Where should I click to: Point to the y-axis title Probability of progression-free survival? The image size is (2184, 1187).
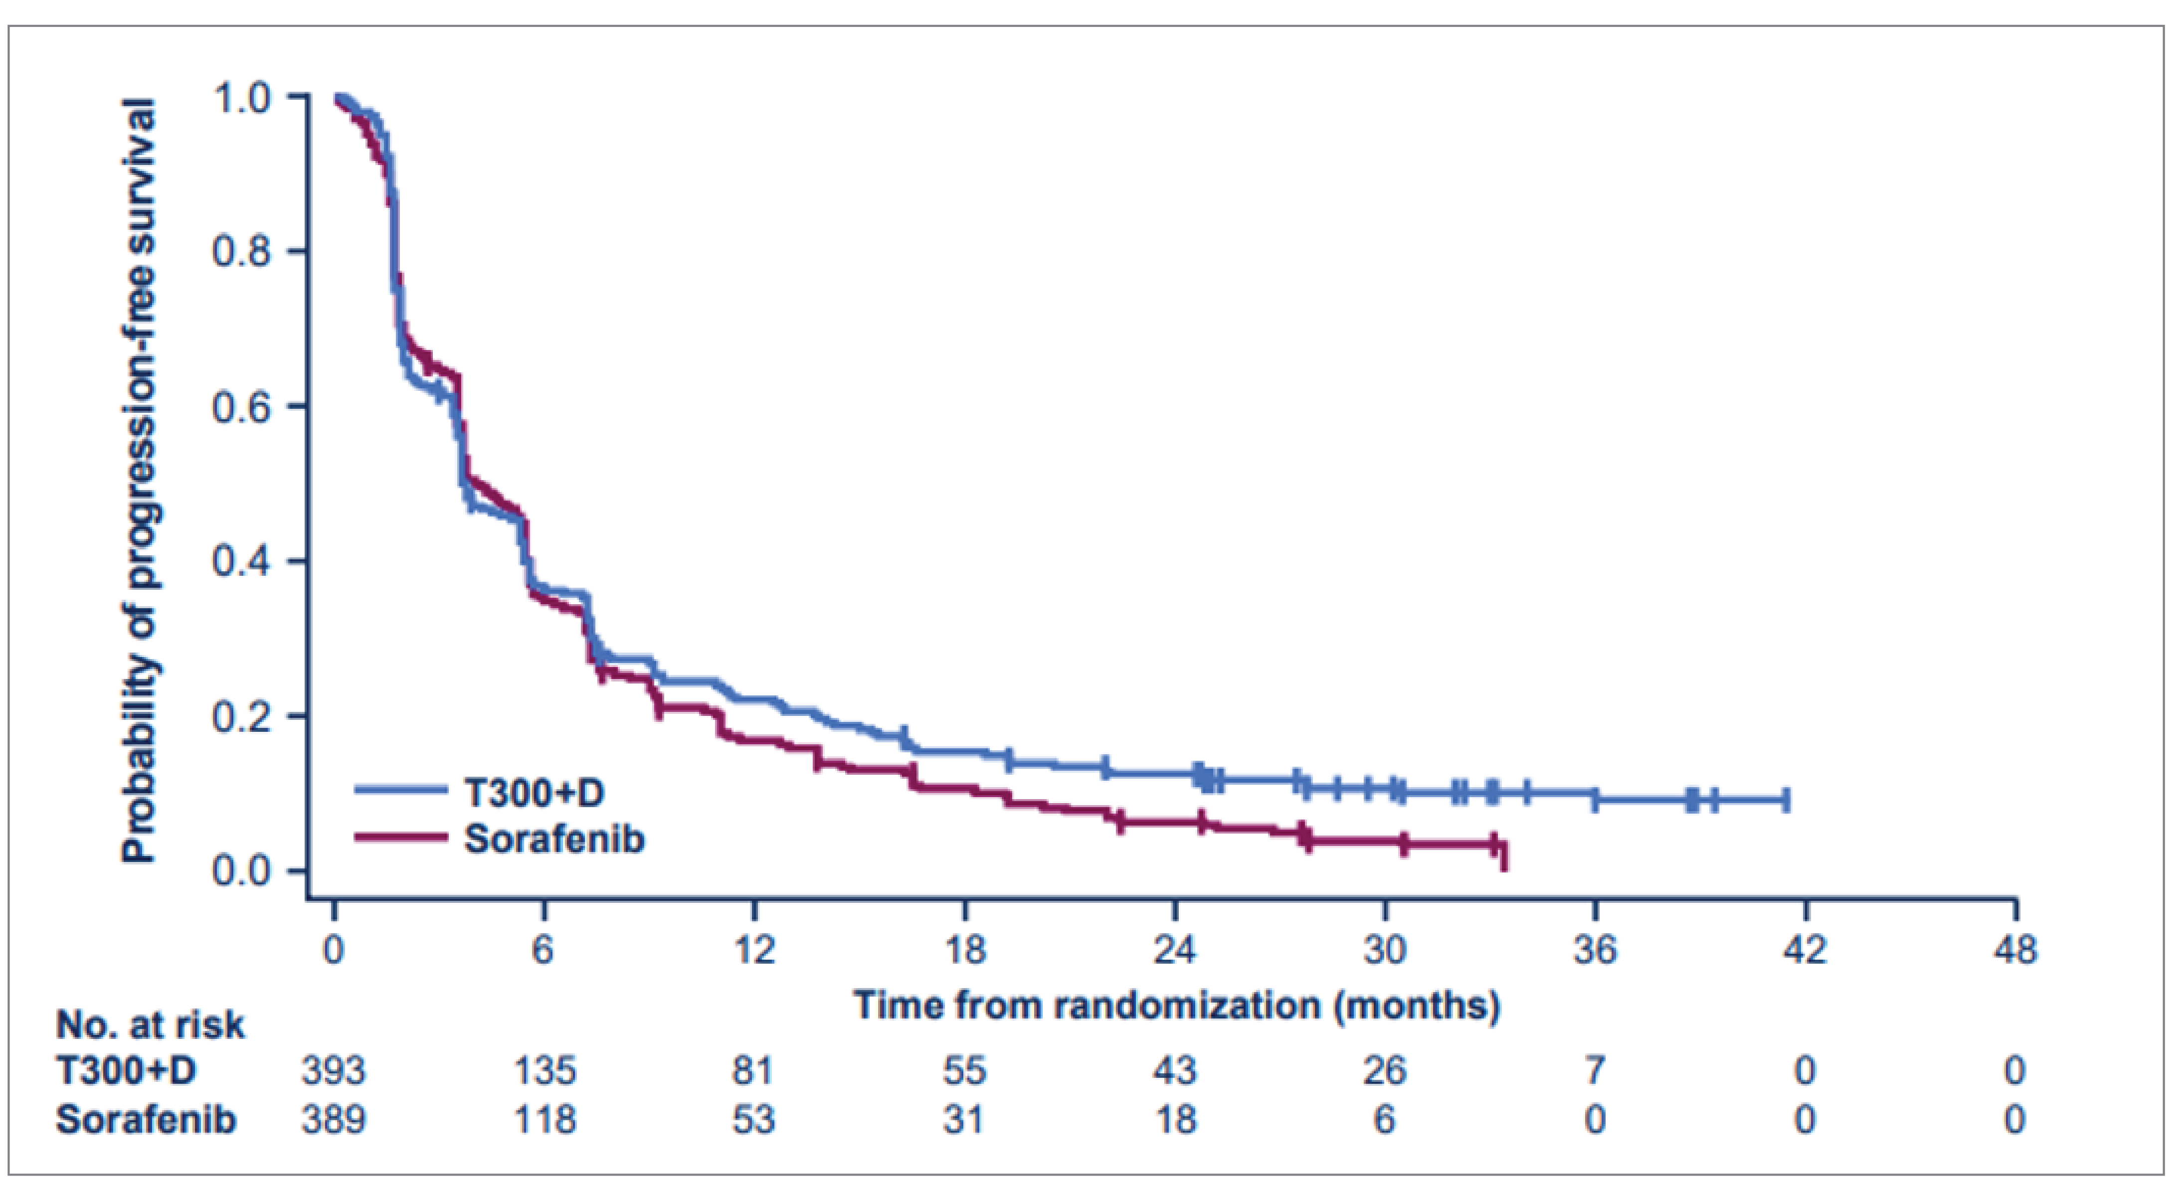(138, 482)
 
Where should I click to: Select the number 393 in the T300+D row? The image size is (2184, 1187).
(333, 1071)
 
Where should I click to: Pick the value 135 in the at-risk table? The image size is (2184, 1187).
(545, 1071)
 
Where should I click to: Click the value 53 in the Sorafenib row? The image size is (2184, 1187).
(754, 1120)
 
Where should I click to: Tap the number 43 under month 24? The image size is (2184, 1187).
(1175, 1071)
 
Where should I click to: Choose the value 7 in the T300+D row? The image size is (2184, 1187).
(1595, 1071)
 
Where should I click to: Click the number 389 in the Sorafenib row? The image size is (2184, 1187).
(333, 1120)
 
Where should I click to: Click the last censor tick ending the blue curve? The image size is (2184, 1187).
(1787, 800)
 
